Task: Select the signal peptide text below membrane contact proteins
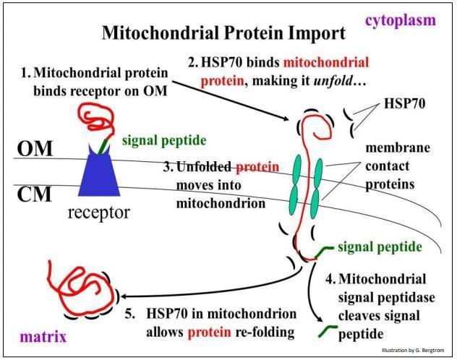[380, 247]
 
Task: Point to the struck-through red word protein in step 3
[257, 168]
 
